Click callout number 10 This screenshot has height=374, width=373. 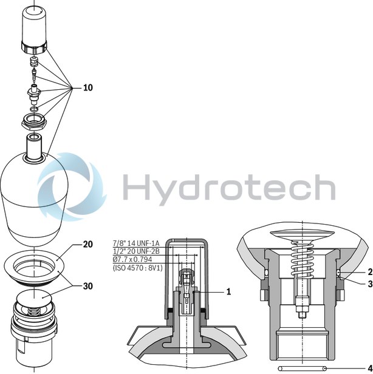tap(88, 87)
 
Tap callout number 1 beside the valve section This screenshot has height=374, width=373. tap(228, 292)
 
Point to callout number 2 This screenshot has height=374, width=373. tap(369, 272)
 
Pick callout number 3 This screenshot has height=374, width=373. tap(369, 283)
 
